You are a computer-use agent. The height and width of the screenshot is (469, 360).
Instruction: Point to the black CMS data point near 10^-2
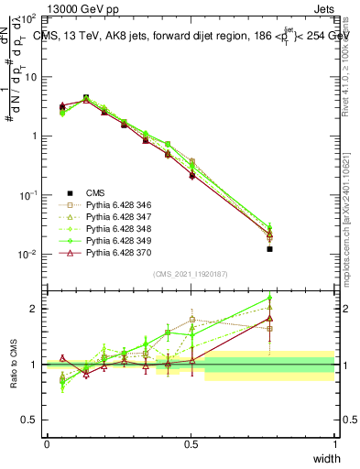269,249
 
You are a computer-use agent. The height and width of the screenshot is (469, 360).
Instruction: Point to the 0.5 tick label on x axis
191,443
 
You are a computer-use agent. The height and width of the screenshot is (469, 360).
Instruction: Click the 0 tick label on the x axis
47,443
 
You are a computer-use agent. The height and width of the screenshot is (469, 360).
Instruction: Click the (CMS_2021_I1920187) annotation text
190,274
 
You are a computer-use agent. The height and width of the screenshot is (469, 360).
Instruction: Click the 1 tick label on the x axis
334,443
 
